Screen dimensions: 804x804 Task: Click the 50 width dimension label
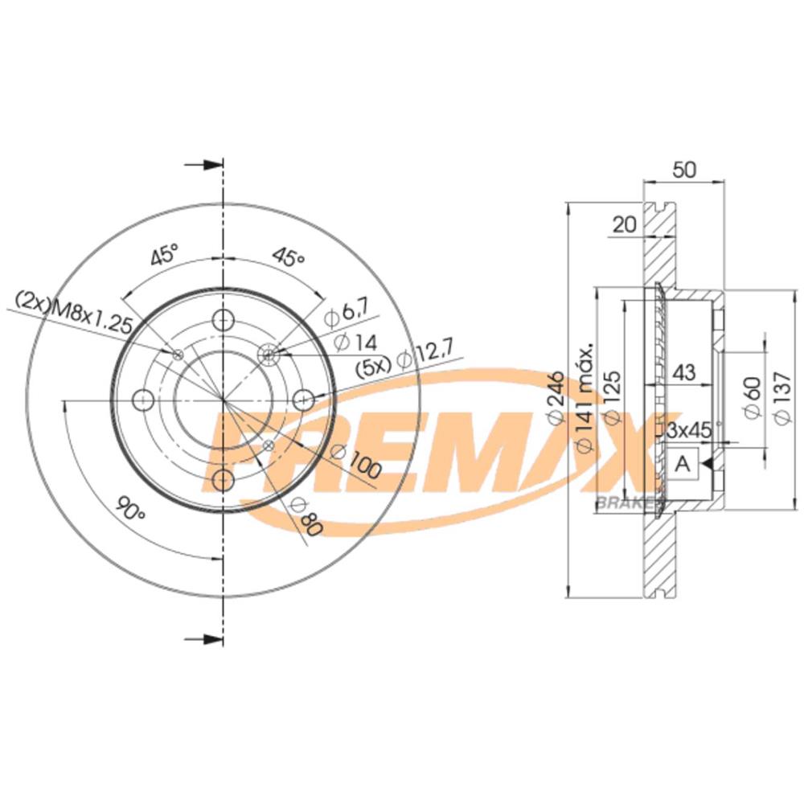[x=684, y=170]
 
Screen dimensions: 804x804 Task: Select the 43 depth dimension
[x=683, y=373]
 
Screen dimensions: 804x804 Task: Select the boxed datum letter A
[x=683, y=464]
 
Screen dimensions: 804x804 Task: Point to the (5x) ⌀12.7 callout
[x=405, y=355]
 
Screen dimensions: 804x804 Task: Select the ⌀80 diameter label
[x=305, y=516]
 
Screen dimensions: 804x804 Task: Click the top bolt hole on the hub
[x=222, y=320]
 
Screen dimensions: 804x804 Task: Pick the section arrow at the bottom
[x=205, y=639]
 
